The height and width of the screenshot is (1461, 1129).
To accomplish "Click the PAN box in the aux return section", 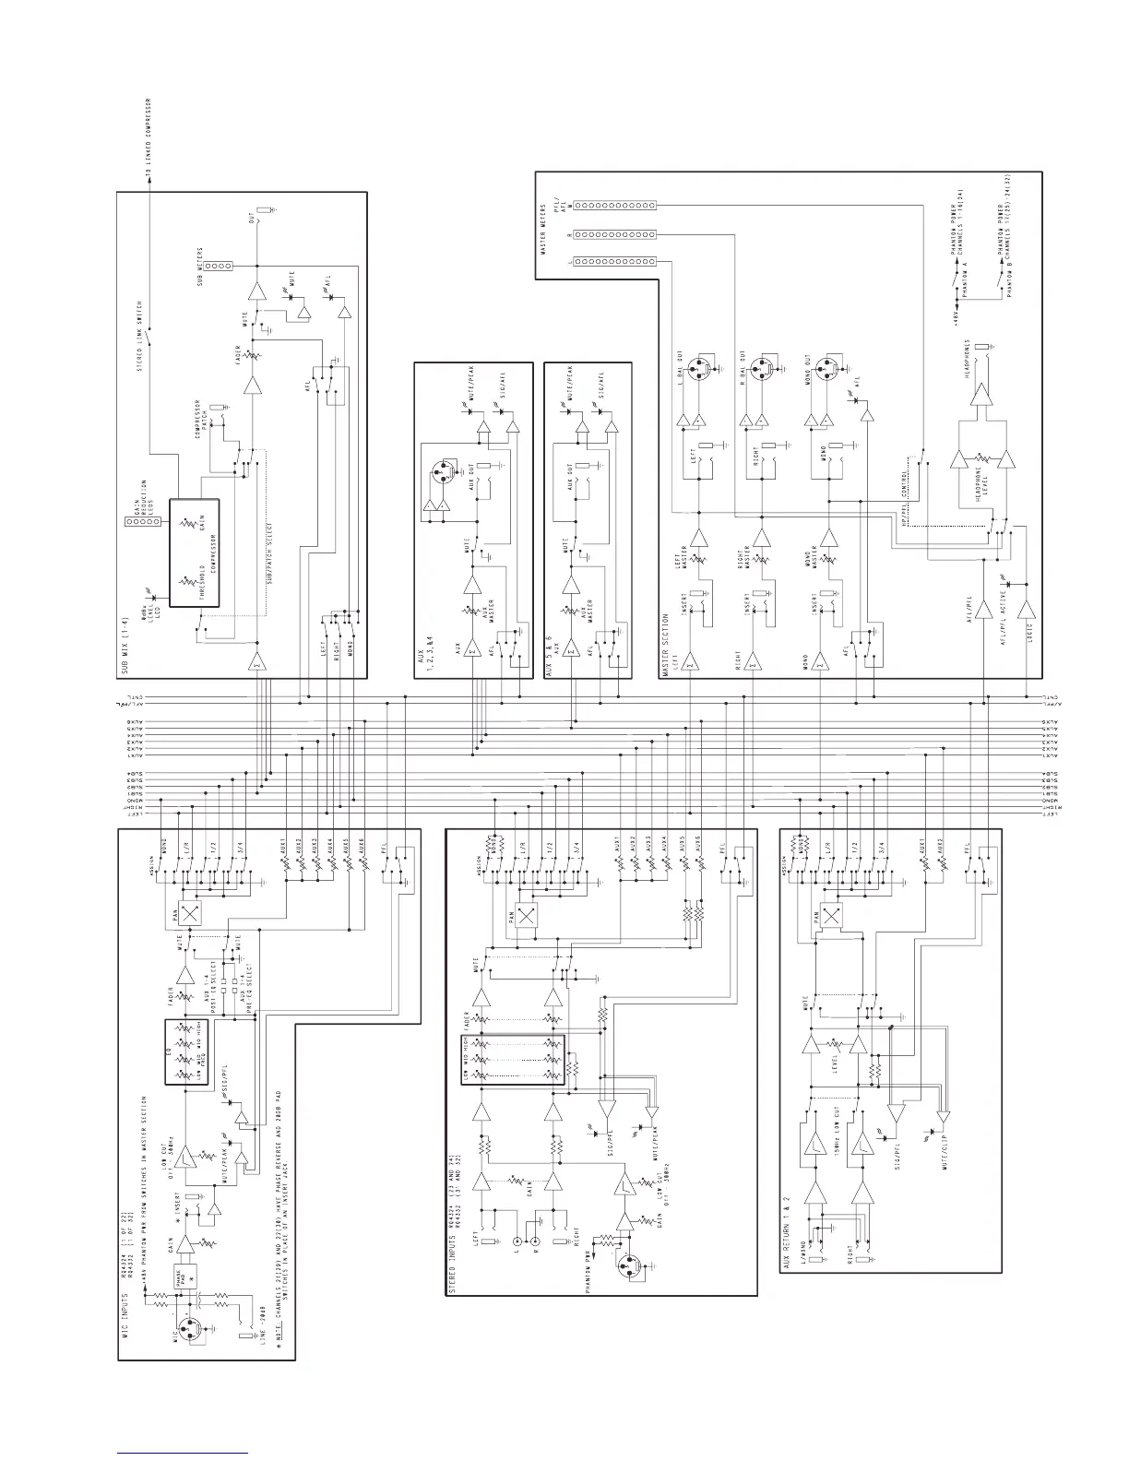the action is (x=831, y=916).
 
